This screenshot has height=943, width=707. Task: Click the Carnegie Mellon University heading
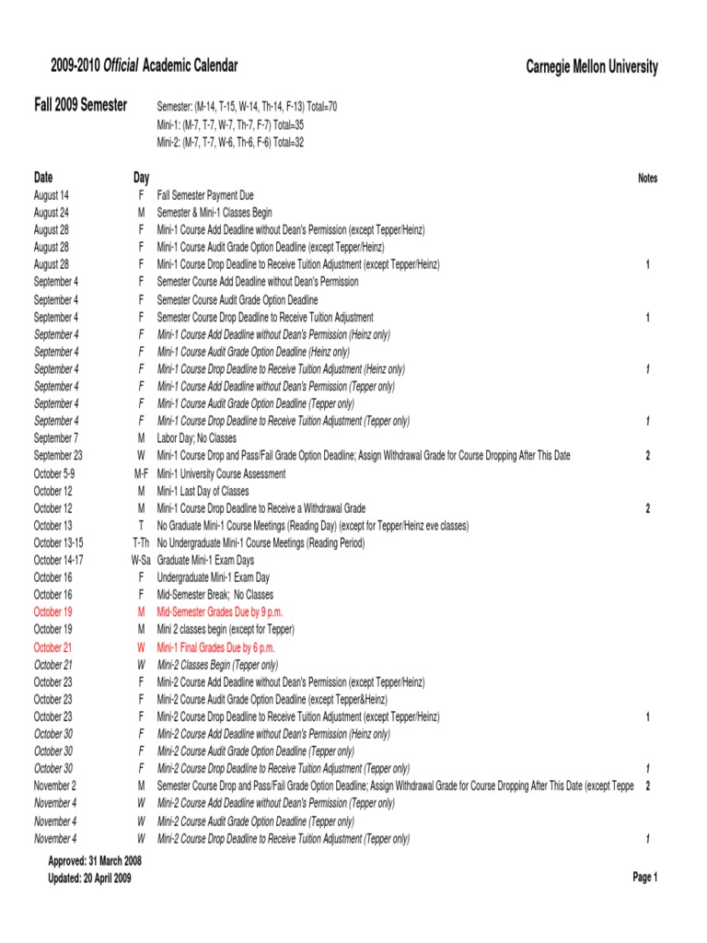[592, 66]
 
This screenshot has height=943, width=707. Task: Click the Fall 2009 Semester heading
[81, 106]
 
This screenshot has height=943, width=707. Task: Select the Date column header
[43, 177]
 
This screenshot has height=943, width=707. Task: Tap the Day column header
[141, 177]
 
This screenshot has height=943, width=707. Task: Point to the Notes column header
[647, 179]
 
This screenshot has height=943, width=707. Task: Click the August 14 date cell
[52, 195]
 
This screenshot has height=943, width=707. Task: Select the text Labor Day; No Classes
[197, 438]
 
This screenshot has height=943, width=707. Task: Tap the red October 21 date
[52, 647]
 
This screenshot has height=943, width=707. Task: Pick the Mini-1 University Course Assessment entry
[221, 473]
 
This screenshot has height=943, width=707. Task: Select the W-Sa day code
[141, 560]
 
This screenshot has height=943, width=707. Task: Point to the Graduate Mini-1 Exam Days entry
[205, 560]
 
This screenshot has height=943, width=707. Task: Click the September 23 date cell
[58, 456]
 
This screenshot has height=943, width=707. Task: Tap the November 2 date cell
[55, 786]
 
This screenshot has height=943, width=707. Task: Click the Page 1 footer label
[644, 878]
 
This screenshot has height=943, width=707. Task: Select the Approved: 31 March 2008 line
[95, 861]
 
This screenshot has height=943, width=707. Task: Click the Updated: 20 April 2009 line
[89, 879]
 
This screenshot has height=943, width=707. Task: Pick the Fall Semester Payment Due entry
[205, 195]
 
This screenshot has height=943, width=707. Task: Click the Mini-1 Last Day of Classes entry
[203, 491]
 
